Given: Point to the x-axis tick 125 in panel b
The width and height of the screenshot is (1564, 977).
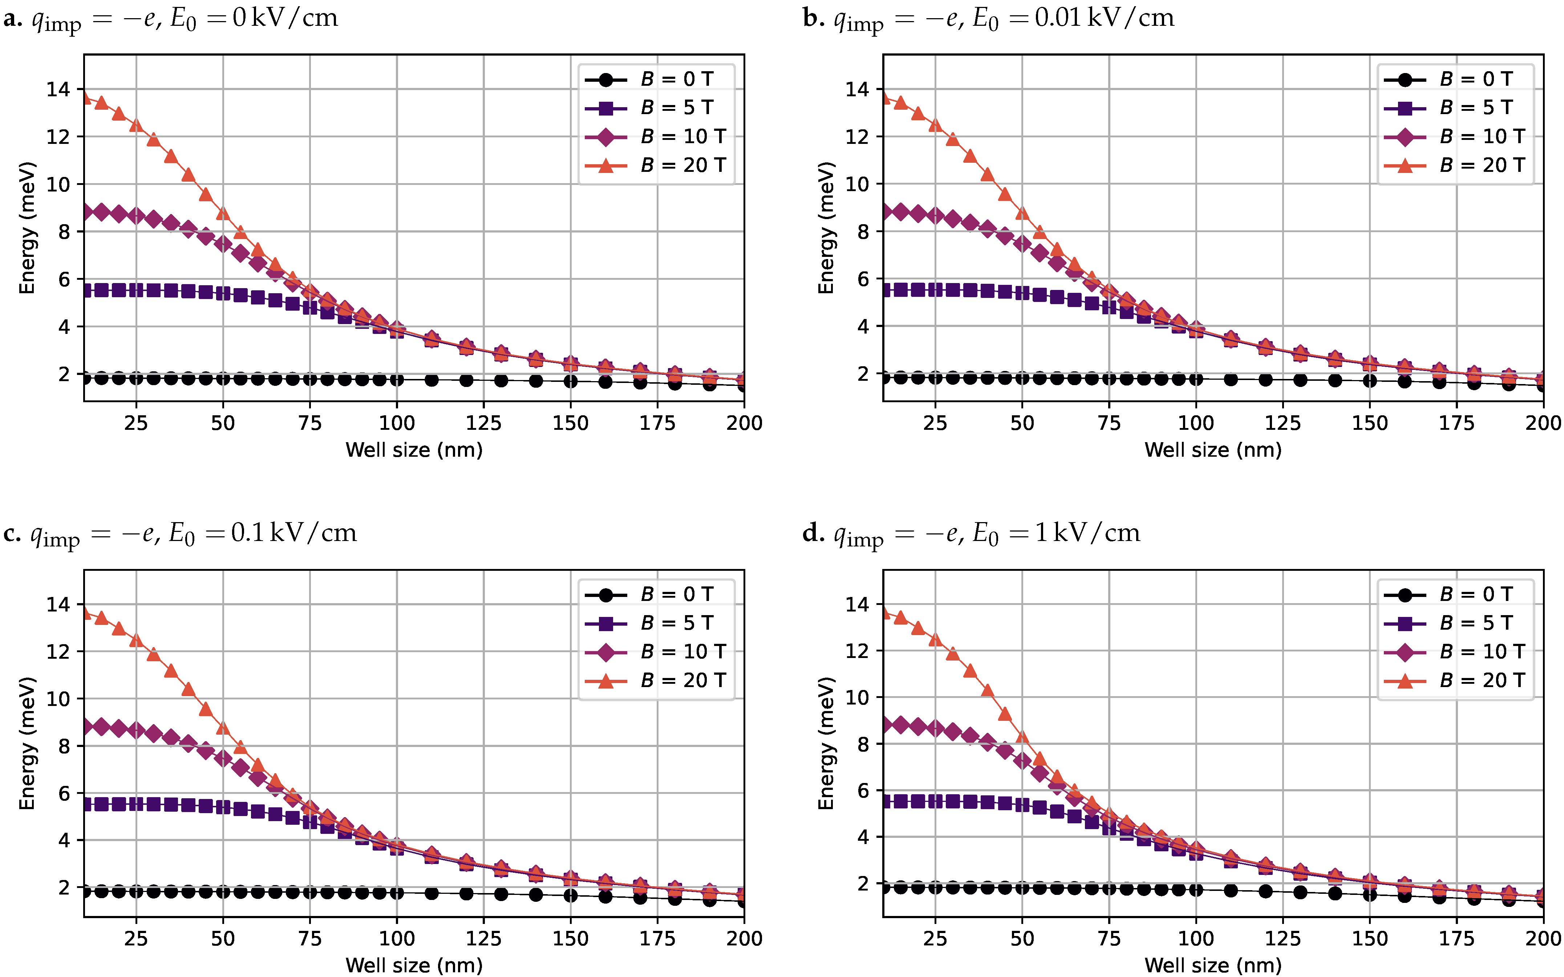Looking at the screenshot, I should pyautogui.click(x=1283, y=423).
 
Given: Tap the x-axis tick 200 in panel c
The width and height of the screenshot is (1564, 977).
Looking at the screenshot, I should pyautogui.click(x=744, y=938).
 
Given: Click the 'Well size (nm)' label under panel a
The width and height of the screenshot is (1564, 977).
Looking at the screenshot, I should pyautogui.click(x=414, y=450).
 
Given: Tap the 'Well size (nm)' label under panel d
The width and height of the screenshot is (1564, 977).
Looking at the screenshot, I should pyautogui.click(x=1213, y=965).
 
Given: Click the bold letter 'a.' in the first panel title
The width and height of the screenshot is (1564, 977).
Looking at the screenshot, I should pyautogui.click(x=13, y=18).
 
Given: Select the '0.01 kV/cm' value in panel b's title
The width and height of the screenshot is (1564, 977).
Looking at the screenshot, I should pyautogui.click(x=1104, y=18).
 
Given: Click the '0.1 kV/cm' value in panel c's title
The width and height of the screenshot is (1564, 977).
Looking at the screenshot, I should pyautogui.click(x=294, y=533).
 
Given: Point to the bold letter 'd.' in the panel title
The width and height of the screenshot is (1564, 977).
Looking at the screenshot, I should pyautogui.click(x=813, y=533).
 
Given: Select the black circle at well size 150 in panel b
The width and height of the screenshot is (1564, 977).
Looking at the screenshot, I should pyautogui.click(x=1370, y=381).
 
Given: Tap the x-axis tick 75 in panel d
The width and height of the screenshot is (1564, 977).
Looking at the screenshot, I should pyautogui.click(x=1109, y=938).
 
